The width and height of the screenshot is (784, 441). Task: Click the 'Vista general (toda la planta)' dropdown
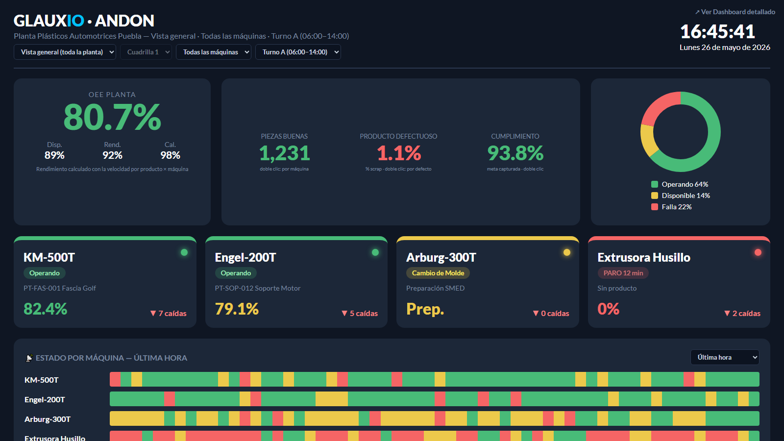[x=65, y=52]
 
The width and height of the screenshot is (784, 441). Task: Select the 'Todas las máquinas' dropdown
[x=214, y=52]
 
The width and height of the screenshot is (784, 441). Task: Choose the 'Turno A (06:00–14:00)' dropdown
[x=298, y=52]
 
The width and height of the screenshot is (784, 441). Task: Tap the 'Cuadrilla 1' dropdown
[x=146, y=52]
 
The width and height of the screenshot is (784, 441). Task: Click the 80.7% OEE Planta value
[x=112, y=117]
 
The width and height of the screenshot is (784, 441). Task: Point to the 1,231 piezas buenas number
[x=285, y=153]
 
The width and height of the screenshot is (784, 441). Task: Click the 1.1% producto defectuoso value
[x=399, y=153]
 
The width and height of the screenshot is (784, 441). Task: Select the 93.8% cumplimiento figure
[x=515, y=153]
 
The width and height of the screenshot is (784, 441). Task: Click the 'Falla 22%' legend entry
[x=671, y=207]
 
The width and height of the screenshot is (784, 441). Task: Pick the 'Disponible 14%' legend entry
[x=681, y=196]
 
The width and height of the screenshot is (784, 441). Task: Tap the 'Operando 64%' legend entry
[x=680, y=184]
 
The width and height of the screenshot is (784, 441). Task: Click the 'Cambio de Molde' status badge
[x=438, y=273]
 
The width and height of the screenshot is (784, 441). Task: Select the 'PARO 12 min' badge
[x=623, y=273]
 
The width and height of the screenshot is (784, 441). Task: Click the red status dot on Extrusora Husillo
[x=758, y=252]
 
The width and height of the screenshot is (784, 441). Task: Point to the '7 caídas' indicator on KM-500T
[x=169, y=313]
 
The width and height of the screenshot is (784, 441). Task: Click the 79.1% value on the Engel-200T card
[x=237, y=309]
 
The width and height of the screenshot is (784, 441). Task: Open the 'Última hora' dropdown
[x=725, y=357]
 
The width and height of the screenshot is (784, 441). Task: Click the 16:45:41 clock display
[x=717, y=31]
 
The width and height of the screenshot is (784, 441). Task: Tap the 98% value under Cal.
[x=170, y=155]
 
